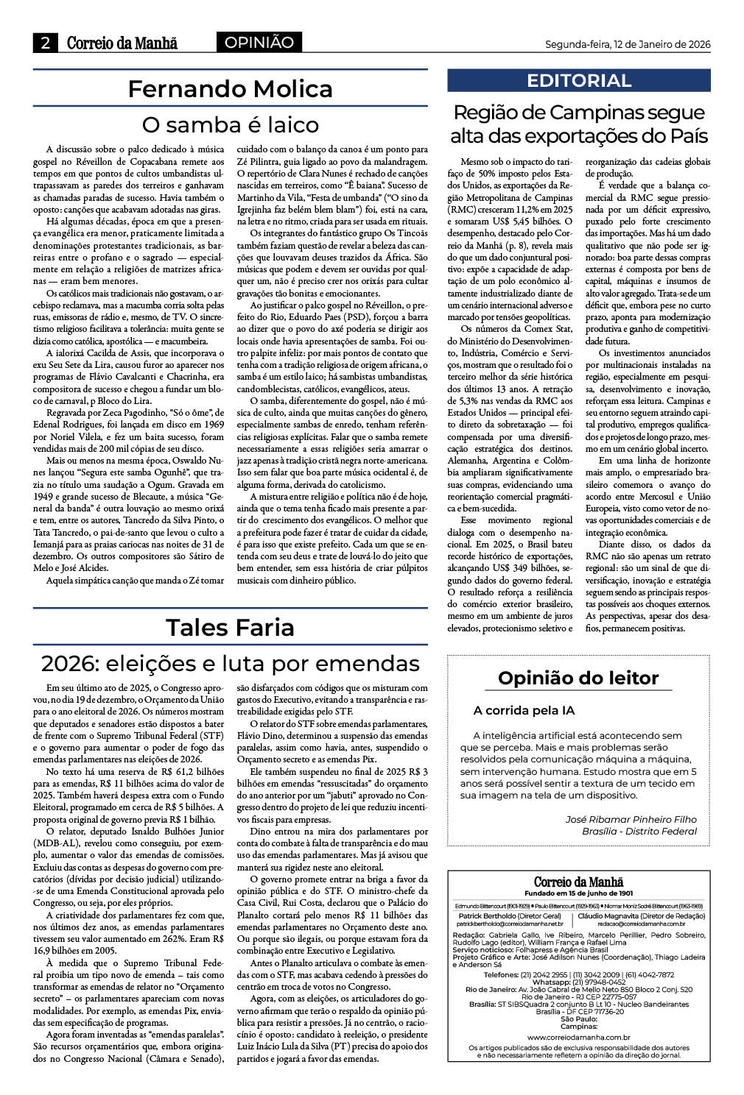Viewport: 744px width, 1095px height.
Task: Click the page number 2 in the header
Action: click(45, 43)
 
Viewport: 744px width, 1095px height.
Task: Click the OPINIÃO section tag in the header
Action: click(259, 43)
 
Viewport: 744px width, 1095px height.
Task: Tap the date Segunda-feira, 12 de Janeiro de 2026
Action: click(628, 44)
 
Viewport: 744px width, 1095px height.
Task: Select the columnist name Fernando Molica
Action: click(230, 89)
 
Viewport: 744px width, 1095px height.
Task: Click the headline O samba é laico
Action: click(230, 124)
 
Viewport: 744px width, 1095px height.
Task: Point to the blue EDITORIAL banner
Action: click(578, 80)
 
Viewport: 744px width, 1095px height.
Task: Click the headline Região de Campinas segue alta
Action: click(578, 124)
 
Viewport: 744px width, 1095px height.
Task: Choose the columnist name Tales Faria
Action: click(230, 628)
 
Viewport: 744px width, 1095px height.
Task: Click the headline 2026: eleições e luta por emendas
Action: click(230, 664)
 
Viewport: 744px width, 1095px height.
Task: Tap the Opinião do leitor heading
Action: click(578, 678)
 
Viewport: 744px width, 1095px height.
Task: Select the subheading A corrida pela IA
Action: click(524, 711)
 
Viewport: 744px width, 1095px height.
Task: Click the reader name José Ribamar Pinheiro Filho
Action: click(631, 819)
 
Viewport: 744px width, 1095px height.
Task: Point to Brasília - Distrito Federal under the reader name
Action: click(639, 832)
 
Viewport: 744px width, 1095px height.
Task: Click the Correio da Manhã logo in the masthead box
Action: click(578, 882)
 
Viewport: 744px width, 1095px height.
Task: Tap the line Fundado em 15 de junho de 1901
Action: click(578, 893)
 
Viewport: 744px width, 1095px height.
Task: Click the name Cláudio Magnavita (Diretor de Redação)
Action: click(641, 916)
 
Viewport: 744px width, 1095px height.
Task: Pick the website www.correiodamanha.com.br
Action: click(578, 1037)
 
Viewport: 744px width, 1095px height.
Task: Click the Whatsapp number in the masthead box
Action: click(578, 982)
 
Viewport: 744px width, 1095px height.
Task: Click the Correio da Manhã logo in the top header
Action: click(122, 43)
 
